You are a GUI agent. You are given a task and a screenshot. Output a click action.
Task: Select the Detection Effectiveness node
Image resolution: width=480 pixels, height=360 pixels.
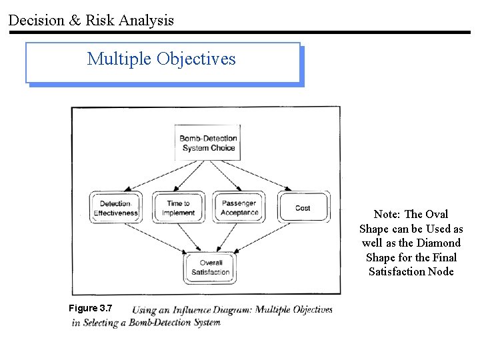click(115, 208)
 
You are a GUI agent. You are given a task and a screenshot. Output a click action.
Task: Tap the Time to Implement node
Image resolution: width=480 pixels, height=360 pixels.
click(178, 208)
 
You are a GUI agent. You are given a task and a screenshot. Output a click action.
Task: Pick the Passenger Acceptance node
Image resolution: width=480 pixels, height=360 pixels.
click(239, 208)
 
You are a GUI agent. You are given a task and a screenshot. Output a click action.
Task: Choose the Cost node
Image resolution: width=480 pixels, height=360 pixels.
click(303, 207)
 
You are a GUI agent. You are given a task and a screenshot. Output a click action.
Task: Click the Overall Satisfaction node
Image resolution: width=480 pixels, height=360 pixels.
click(210, 267)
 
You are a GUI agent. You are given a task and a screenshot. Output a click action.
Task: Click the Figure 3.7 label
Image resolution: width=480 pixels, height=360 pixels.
click(91, 308)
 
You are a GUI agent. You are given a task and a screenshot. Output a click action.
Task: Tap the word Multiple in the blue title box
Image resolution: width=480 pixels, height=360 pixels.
click(119, 59)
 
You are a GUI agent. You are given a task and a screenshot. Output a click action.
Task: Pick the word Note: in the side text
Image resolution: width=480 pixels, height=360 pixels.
click(387, 214)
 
